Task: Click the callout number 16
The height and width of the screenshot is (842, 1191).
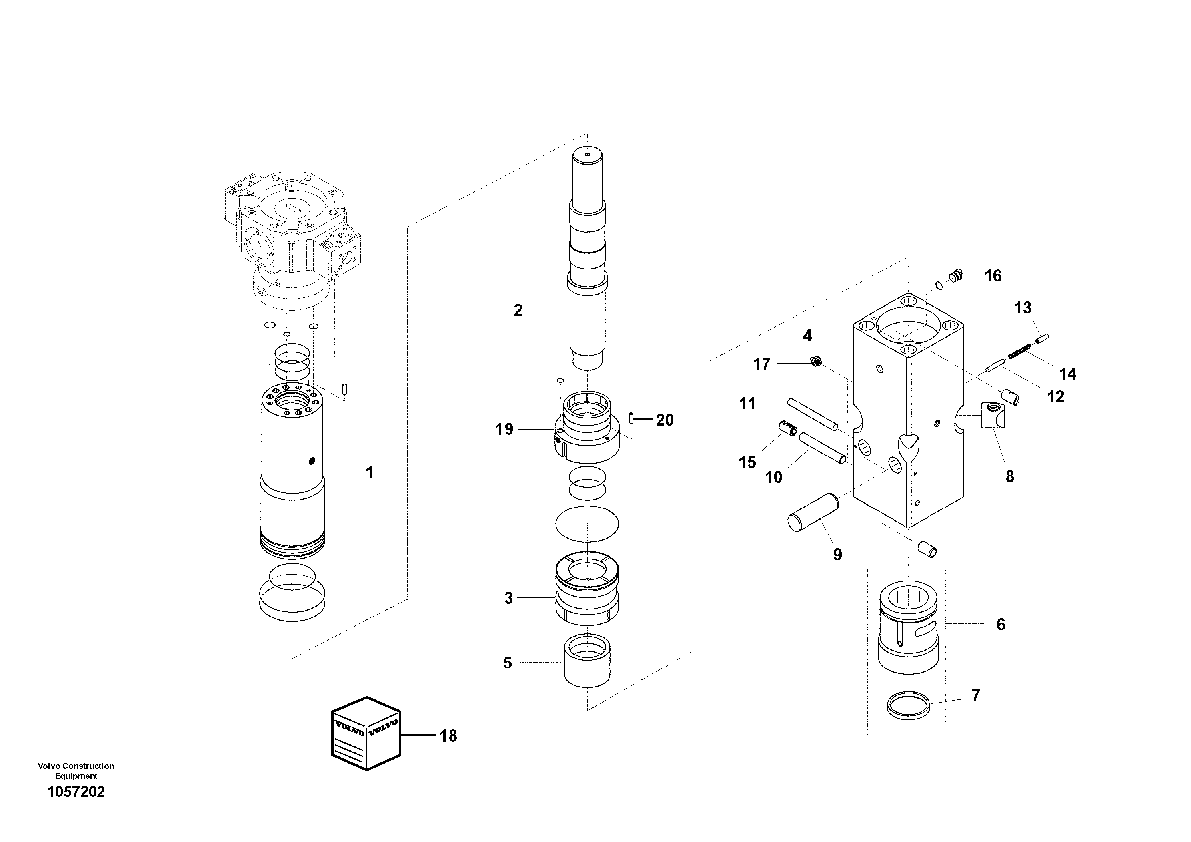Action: (993, 276)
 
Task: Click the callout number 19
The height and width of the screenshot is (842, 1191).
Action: (504, 429)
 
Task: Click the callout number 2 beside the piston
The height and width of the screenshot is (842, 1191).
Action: (518, 310)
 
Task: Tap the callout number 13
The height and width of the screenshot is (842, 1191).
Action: (1023, 308)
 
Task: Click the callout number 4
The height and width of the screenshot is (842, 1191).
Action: (807, 336)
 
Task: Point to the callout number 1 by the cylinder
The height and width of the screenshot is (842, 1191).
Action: (369, 472)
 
